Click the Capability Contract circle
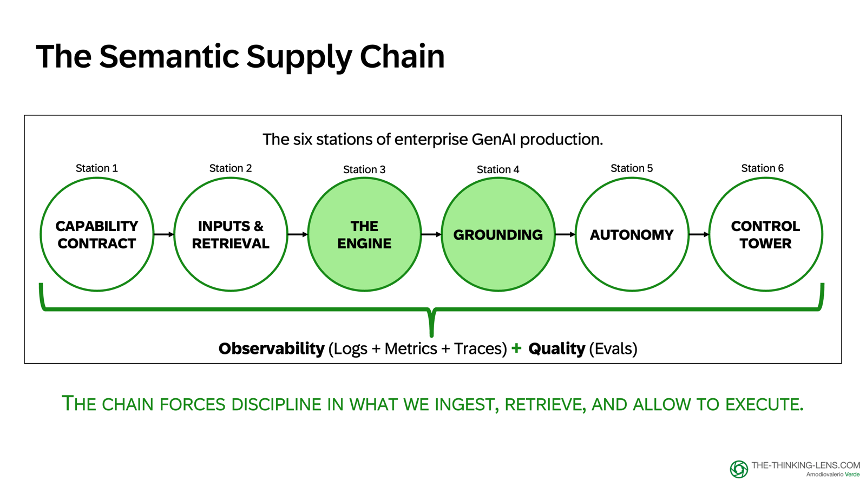coord(97,234)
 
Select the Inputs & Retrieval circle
coord(231,234)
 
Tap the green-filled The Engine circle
coord(364,234)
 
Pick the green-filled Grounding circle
coord(498,234)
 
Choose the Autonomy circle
coord(632,234)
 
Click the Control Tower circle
coord(765,234)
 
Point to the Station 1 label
coord(97,168)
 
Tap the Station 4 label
coord(498,169)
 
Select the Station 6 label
coord(762,168)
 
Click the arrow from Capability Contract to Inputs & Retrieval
coord(163,234)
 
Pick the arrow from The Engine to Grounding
coord(431,234)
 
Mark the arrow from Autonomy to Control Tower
coord(699,234)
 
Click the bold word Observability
coord(271,348)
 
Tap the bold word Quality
coord(556,348)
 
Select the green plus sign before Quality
coord(516,348)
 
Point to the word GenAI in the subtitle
coord(494,140)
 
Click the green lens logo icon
coord(739,469)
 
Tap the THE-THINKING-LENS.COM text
coord(805,465)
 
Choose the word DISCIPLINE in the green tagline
coord(276,404)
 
